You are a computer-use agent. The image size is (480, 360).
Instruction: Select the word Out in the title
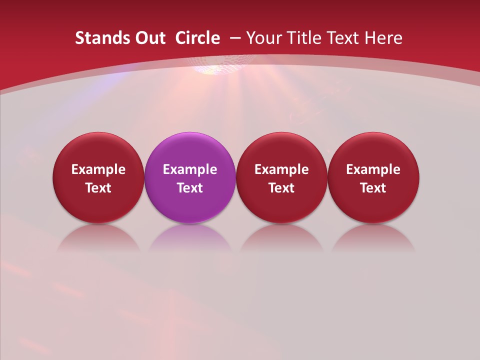click(149, 38)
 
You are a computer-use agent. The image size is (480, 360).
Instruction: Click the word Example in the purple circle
click(190, 169)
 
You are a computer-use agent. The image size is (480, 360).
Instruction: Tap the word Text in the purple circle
click(190, 188)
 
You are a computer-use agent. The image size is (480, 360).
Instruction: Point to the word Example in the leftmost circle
click(98, 169)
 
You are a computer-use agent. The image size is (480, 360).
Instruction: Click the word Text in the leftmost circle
click(98, 188)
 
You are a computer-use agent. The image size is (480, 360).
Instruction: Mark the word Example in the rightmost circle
click(373, 169)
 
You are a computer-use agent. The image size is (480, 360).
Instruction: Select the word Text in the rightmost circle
click(373, 188)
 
